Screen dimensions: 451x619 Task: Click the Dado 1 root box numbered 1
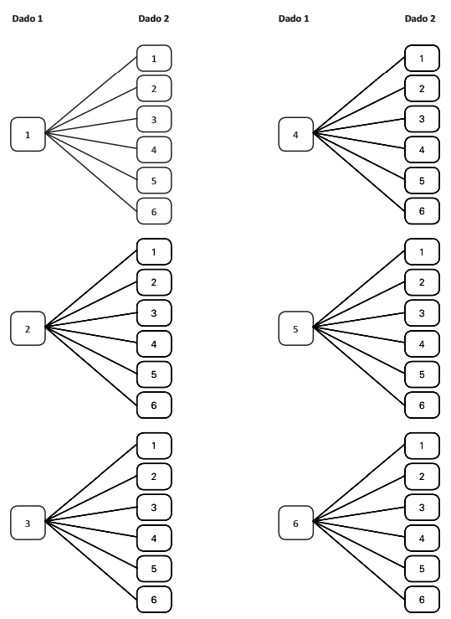click(x=28, y=134)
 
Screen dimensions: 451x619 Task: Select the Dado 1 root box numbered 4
click(x=295, y=134)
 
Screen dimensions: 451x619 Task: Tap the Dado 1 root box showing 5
click(x=295, y=328)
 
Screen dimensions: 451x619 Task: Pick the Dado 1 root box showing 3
click(x=28, y=523)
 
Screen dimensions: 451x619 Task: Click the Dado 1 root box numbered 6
click(x=295, y=523)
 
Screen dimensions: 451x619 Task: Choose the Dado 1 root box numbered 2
click(x=28, y=328)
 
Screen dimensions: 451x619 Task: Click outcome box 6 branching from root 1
click(x=154, y=211)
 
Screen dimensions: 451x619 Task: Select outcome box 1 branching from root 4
click(x=423, y=58)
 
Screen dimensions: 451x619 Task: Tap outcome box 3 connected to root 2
click(x=154, y=313)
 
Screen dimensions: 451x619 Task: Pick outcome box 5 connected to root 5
click(x=423, y=374)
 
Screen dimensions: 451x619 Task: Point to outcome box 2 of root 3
click(x=154, y=477)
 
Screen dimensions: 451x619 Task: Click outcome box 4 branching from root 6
click(x=423, y=538)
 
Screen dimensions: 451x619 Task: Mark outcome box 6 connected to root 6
click(x=423, y=600)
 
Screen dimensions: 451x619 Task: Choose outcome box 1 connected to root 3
click(x=154, y=446)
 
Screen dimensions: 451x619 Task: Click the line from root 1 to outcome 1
click(x=91, y=95)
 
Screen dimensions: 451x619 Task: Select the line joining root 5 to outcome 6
click(x=359, y=366)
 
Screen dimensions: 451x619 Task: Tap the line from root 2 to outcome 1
click(x=91, y=289)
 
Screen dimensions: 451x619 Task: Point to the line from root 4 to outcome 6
click(x=359, y=172)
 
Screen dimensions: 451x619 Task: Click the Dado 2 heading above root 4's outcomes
click(x=420, y=18)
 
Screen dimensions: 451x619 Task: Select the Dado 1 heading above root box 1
click(x=28, y=18)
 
